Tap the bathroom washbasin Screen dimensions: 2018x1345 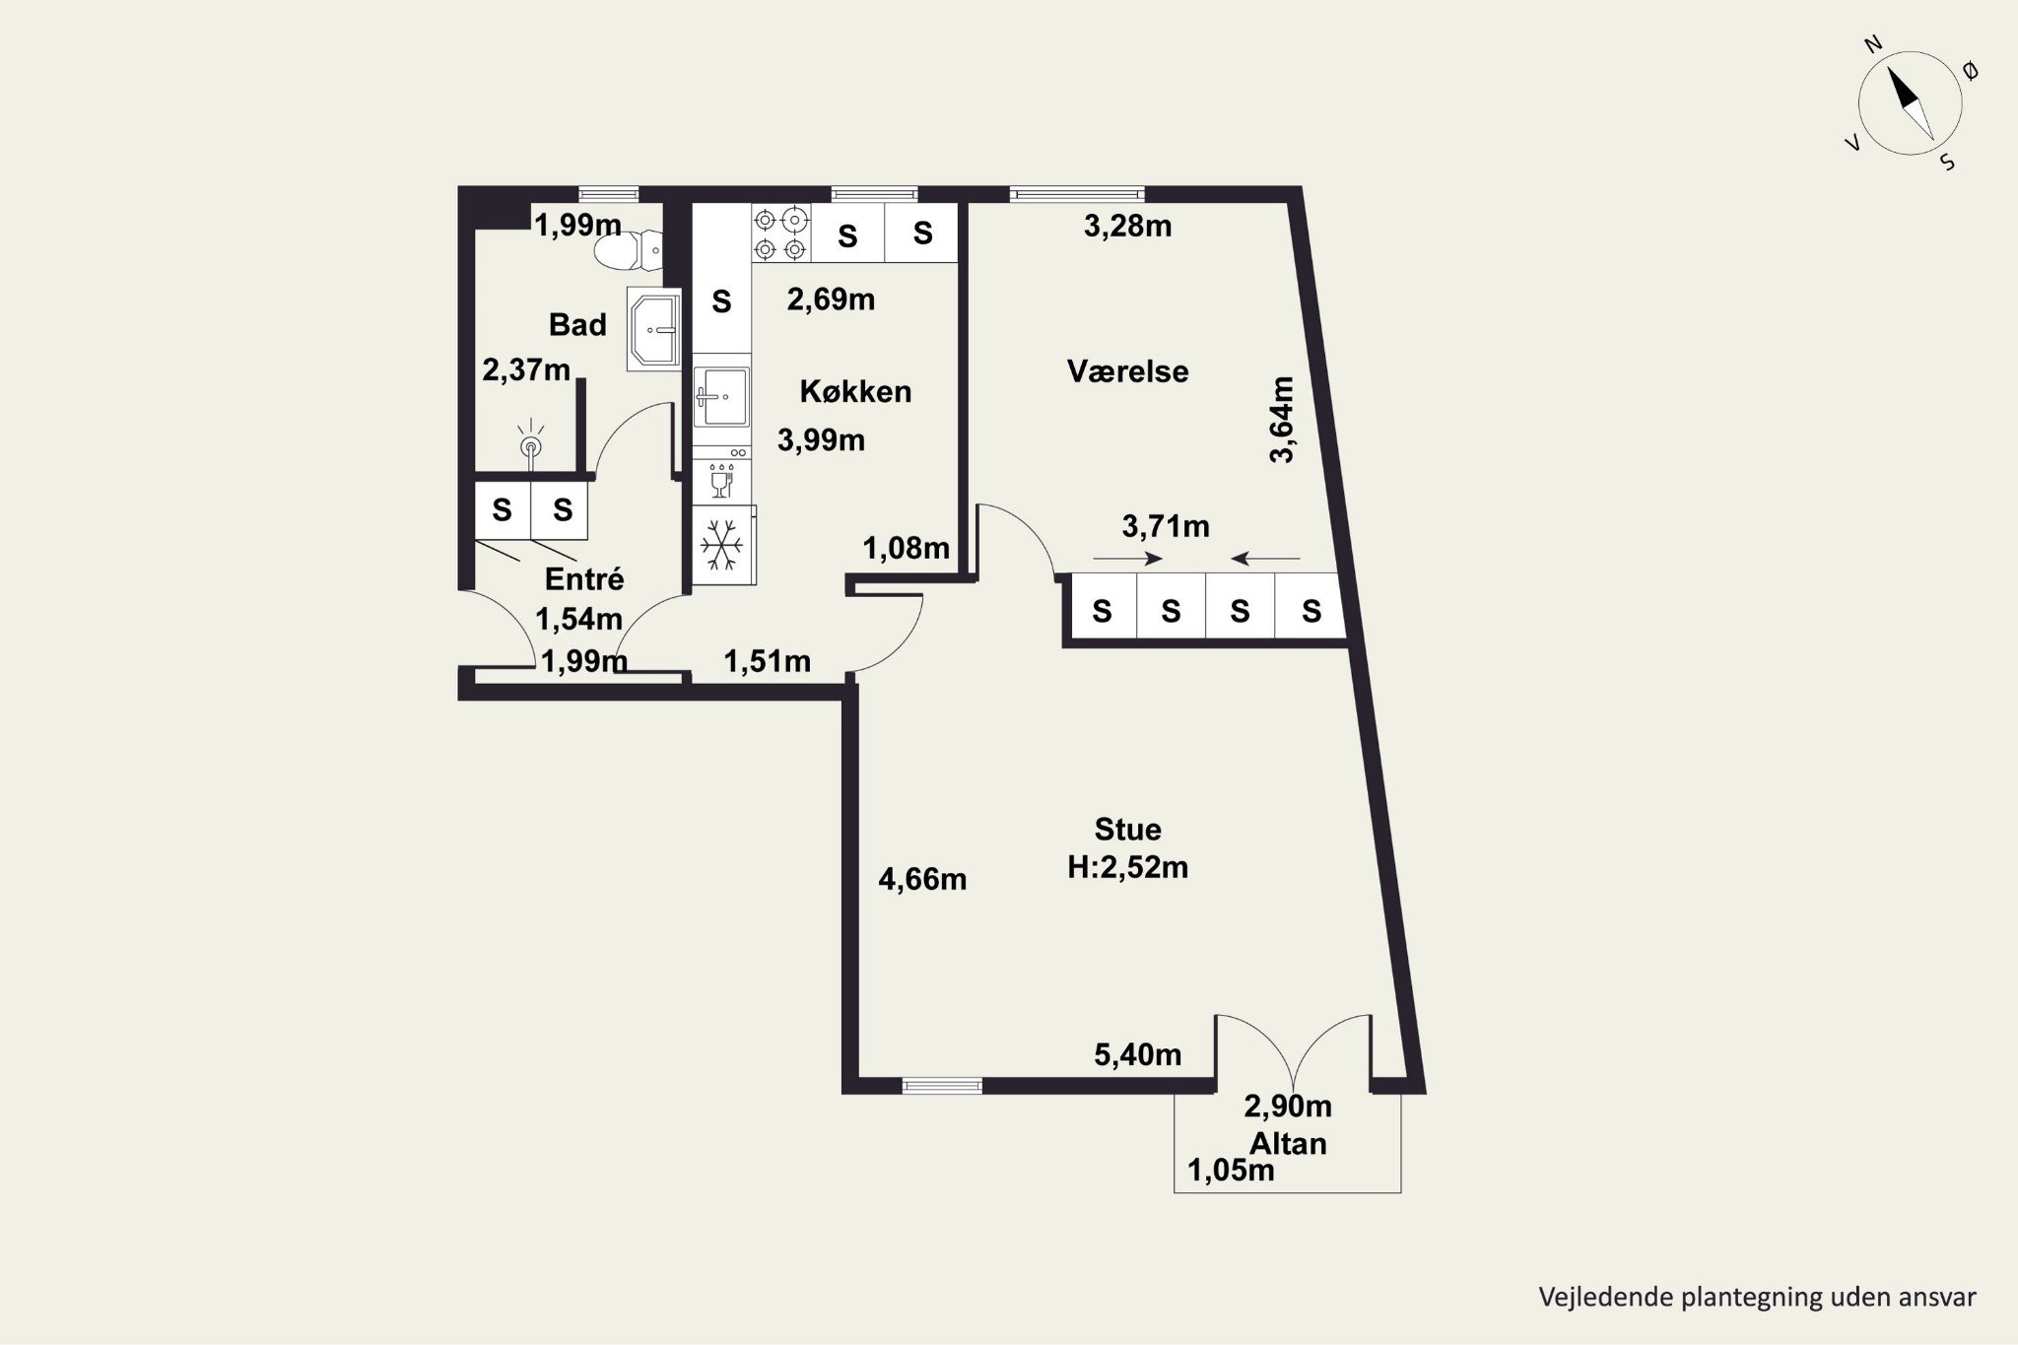coord(653,330)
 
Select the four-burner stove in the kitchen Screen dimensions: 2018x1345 coord(781,233)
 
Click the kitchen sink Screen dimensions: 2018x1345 coord(721,396)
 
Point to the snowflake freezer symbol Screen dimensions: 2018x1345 coord(723,545)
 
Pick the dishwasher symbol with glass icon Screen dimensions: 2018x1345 coord(721,482)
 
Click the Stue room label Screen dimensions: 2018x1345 coord(1127,829)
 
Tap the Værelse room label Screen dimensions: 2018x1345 coord(1127,371)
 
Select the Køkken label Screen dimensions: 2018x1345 coord(855,391)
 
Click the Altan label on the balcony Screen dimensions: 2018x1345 coord(1288,1143)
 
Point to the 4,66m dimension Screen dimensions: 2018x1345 coord(922,879)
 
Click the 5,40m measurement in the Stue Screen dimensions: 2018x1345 coord(1138,1055)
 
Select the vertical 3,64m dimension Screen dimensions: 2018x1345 coord(1281,419)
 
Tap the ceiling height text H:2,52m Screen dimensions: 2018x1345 coord(1128,867)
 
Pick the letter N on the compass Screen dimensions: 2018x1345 coord(1873,70)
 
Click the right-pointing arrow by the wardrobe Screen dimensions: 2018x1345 coord(1128,559)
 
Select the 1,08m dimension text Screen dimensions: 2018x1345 coord(907,548)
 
